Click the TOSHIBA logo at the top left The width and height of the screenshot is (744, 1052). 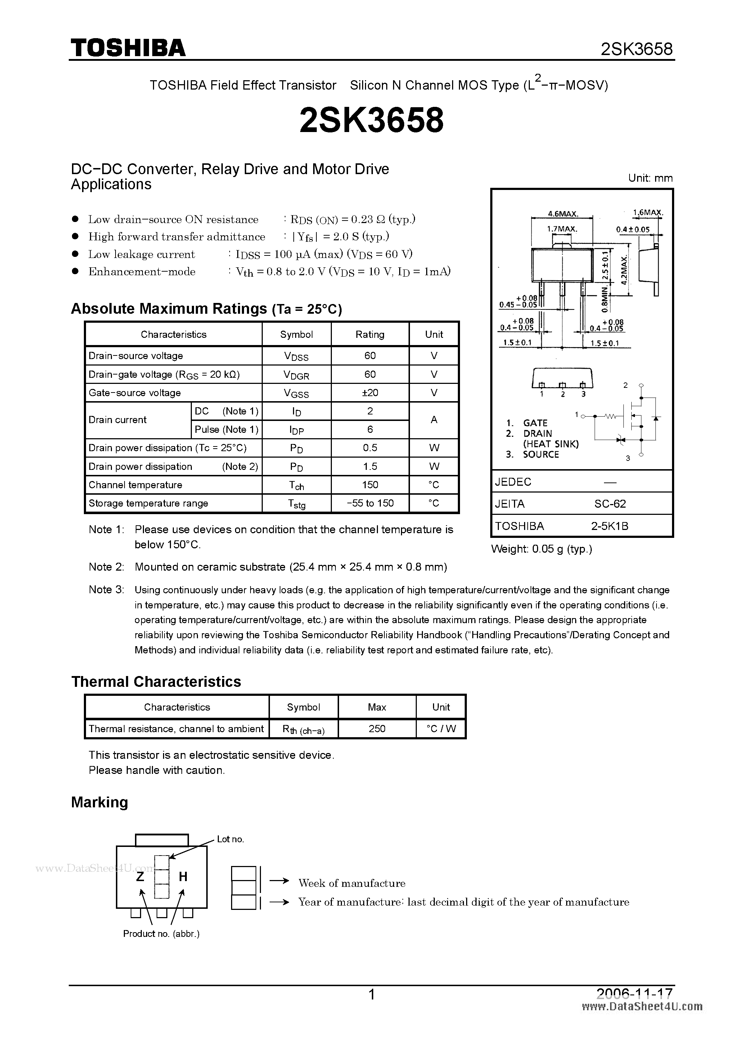click(x=128, y=47)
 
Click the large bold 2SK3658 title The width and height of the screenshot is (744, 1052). click(x=371, y=121)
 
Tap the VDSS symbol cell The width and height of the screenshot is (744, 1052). click(x=296, y=356)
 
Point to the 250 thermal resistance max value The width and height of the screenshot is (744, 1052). click(x=376, y=729)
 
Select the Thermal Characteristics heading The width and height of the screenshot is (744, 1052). click(x=156, y=682)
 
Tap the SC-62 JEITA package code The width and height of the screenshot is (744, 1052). click(x=610, y=504)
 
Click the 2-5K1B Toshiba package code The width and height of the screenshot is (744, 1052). click(x=610, y=526)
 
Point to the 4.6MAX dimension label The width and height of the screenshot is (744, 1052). click(x=563, y=213)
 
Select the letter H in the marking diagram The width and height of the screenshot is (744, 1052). click(x=183, y=876)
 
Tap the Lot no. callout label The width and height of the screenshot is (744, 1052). click(x=230, y=839)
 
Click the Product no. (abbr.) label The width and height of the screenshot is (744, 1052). click(x=161, y=933)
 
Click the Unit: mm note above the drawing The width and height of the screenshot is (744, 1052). click(x=650, y=178)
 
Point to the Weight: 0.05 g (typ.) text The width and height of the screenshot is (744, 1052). click(x=541, y=549)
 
